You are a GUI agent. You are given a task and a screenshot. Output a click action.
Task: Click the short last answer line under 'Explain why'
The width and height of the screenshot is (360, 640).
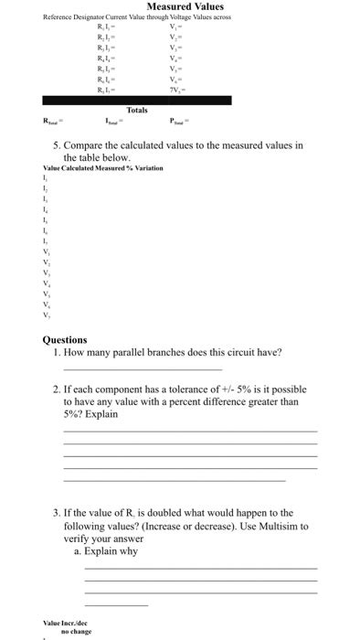[x=115, y=606]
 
